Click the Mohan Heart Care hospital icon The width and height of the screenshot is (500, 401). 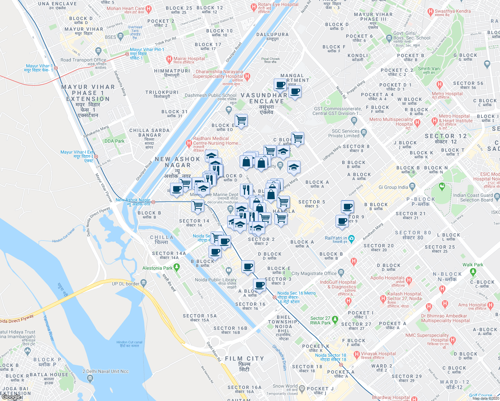pyautogui.click(x=149, y=9)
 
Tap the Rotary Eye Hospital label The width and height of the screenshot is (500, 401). pyautogui.click(x=278, y=5)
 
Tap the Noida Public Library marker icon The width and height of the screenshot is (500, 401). pyautogui.click(x=229, y=270)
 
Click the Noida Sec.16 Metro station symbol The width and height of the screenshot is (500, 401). pyautogui.click(x=274, y=297)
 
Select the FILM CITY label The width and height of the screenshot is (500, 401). pyautogui.click(x=244, y=359)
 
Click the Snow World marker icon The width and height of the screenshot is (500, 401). pyautogui.click(x=302, y=388)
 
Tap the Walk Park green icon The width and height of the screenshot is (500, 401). pyautogui.click(x=473, y=272)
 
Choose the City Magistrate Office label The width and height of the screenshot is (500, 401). pyautogui.click(x=314, y=273)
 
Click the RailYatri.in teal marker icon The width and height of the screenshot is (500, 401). pyautogui.click(x=351, y=238)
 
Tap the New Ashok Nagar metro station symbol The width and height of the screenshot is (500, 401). pyautogui.click(x=153, y=202)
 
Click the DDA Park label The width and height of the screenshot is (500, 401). pyautogui.click(x=114, y=141)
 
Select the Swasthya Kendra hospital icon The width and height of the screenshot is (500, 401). pyautogui.click(x=430, y=12)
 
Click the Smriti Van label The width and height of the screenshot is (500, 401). pyautogui.click(x=429, y=69)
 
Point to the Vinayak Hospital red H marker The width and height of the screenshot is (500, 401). pyautogui.click(x=356, y=354)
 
